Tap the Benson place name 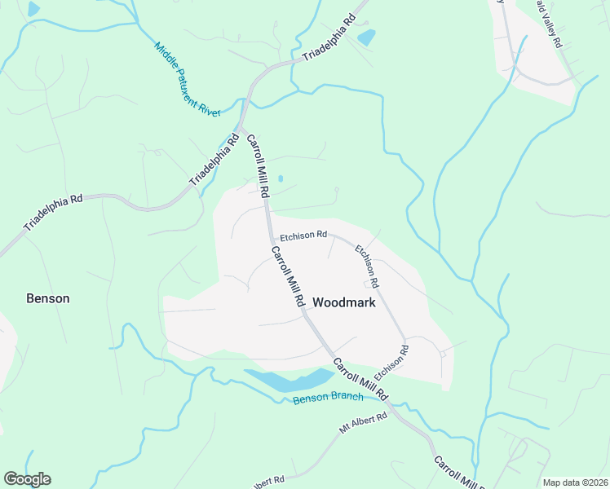pyautogui.click(x=48, y=298)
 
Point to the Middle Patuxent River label pyautogui.click(x=187, y=79)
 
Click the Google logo pyautogui.click(x=27, y=479)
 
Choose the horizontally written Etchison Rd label pyautogui.click(x=303, y=236)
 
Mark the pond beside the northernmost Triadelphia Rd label pyautogui.click(x=366, y=37)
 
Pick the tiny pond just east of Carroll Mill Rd pyautogui.click(x=281, y=178)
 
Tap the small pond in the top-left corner pyautogui.click(x=33, y=9)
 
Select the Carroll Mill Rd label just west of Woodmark pyautogui.click(x=287, y=277)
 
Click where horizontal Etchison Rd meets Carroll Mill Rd pyautogui.click(x=270, y=237)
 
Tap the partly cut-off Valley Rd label pyautogui.click(x=550, y=24)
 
